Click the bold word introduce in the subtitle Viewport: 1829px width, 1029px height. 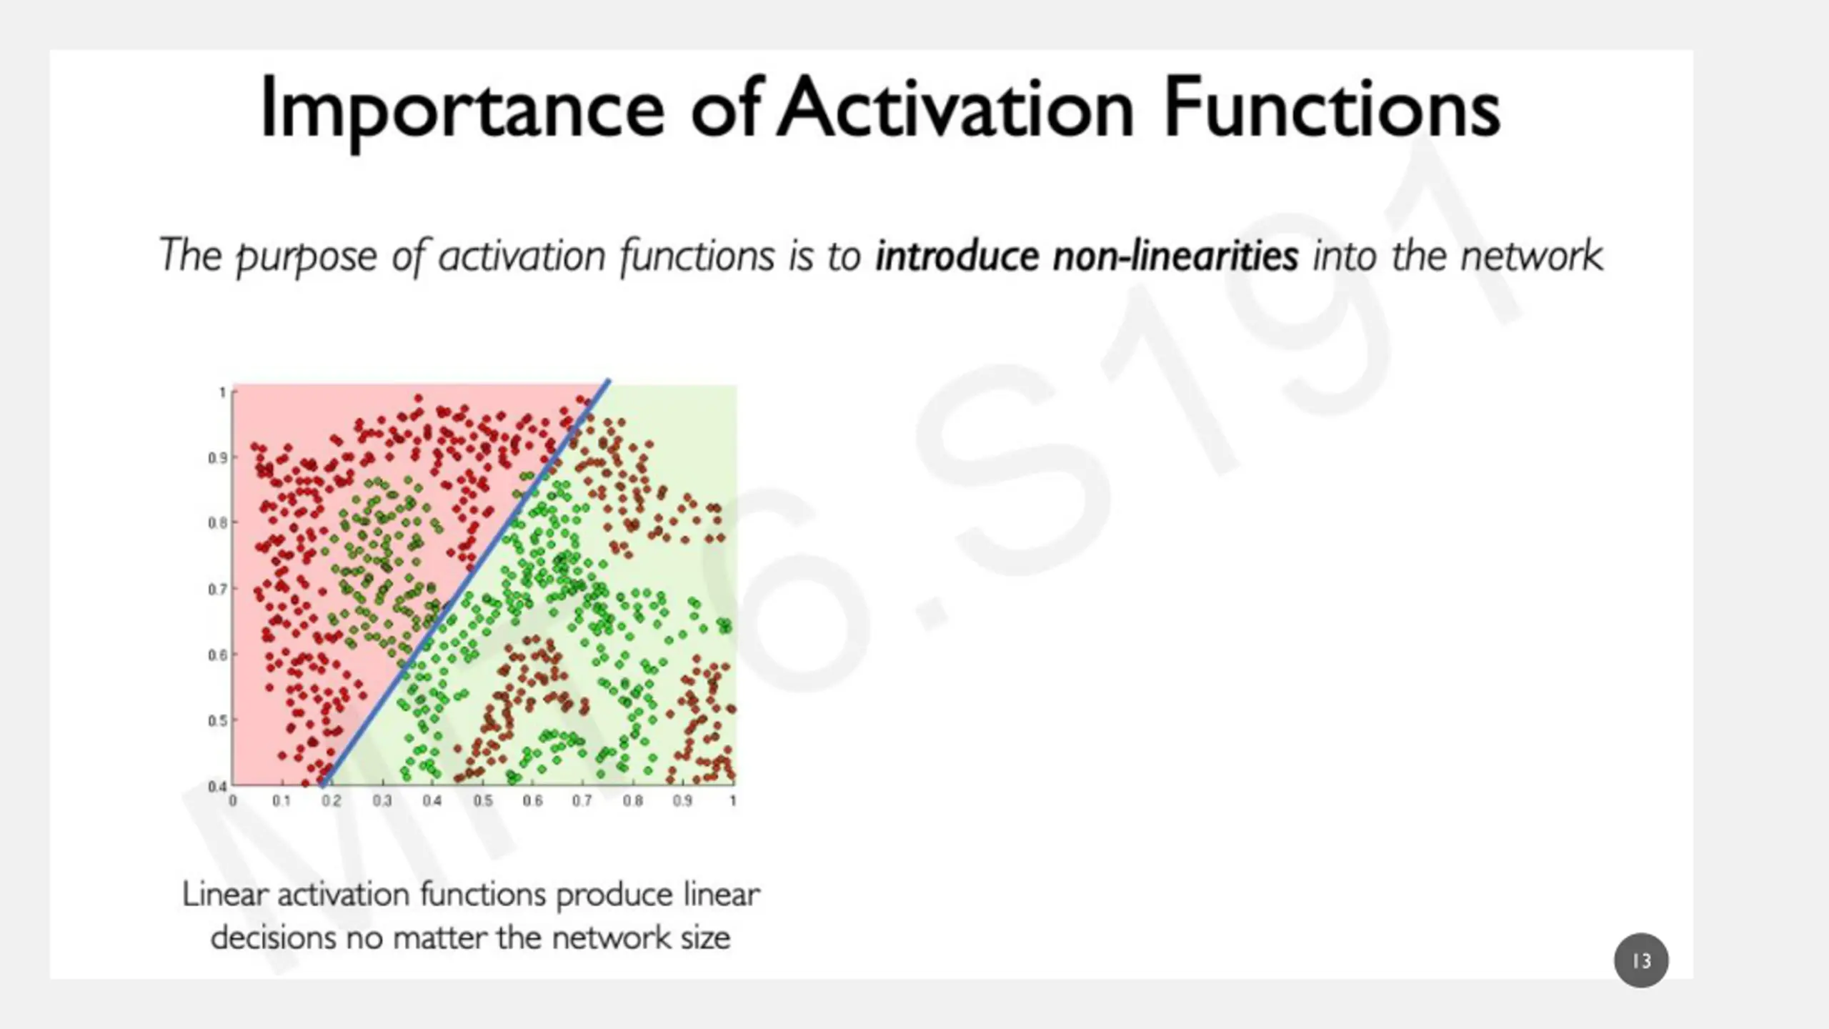[957, 256]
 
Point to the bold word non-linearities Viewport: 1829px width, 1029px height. [1175, 256]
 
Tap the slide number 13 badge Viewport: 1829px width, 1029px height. [1641, 960]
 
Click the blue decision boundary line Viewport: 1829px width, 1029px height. [465, 582]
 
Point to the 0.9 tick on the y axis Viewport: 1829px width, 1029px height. [218, 457]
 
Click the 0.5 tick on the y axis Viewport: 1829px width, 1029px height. [218, 720]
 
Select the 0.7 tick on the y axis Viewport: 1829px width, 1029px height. [218, 590]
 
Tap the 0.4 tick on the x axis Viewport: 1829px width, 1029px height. [432, 801]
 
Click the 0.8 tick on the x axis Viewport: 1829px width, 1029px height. [632, 801]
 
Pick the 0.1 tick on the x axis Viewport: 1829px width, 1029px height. [281, 801]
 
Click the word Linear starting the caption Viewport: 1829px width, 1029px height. [225, 895]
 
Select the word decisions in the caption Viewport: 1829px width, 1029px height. [273, 938]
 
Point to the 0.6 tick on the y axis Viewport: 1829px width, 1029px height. [218, 655]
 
